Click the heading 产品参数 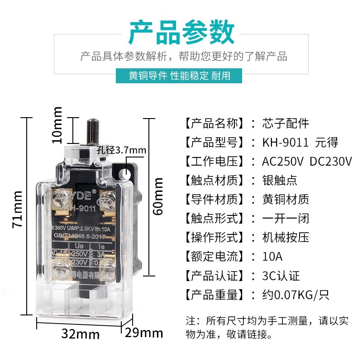click(x=181, y=33)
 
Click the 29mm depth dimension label click(x=144, y=333)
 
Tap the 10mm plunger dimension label click(x=57, y=124)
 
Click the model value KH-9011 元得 click(x=300, y=143)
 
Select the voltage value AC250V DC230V click(x=307, y=162)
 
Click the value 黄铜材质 click(x=286, y=200)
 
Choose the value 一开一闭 click(x=286, y=219)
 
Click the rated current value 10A click(x=272, y=257)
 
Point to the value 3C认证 click(x=281, y=276)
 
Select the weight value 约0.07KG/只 click(x=295, y=295)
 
